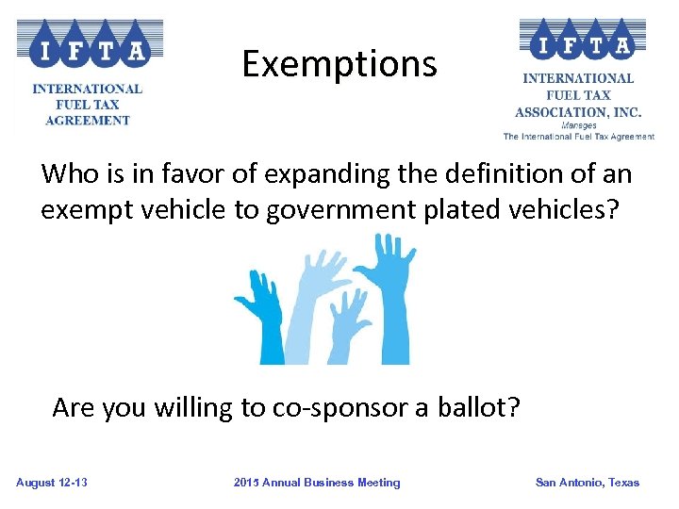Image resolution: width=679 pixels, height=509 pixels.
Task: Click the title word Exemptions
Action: [339, 64]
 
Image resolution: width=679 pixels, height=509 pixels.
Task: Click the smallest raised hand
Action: [350, 325]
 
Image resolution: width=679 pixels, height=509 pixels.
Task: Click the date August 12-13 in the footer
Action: [52, 483]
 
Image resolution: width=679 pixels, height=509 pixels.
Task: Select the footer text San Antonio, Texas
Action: [587, 483]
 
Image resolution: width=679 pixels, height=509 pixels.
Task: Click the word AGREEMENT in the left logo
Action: [88, 121]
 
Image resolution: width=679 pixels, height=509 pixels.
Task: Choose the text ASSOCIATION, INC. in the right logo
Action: [578, 111]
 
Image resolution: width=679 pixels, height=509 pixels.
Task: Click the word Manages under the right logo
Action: [578, 124]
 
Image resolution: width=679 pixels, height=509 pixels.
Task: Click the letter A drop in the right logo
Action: [623, 43]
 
